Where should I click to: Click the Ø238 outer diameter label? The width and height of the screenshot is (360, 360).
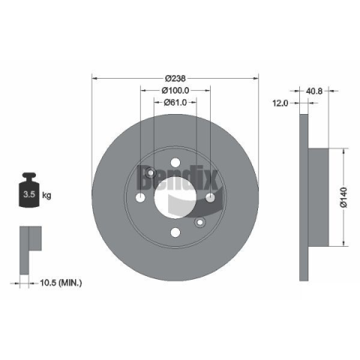coord(175,79)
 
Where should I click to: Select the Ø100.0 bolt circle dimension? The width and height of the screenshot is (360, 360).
coord(175,90)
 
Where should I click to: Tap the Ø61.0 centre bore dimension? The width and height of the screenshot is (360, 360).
coord(175,102)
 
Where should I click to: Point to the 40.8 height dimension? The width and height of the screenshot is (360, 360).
coord(314,91)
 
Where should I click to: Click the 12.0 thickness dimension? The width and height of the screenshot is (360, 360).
coord(280,103)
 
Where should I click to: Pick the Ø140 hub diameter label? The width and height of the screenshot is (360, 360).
coord(344,197)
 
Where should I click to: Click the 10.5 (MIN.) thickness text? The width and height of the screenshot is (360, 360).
coord(61,283)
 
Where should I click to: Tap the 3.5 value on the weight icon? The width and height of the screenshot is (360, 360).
coord(29,194)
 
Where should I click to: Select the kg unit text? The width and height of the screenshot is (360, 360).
coord(46,195)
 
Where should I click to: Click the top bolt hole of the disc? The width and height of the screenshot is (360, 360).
coord(175,163)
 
